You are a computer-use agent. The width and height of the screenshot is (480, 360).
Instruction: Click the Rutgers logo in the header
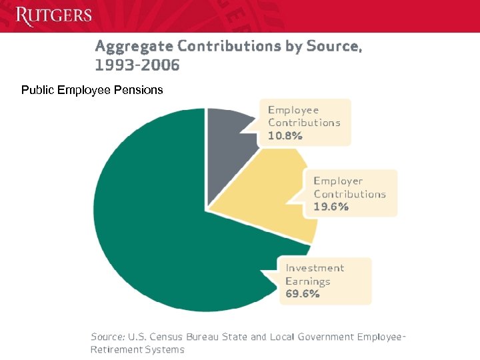point(54,15)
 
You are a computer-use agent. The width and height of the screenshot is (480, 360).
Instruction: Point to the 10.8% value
point(285,135)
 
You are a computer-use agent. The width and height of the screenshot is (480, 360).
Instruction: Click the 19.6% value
point(331,207)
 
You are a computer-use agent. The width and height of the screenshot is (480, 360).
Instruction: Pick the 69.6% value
point(303,293)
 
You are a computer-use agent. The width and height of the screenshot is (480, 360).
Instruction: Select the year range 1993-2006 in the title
point(137,65)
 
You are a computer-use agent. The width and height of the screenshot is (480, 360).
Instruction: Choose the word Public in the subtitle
point(37,89)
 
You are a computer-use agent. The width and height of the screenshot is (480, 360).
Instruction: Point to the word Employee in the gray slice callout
point(293,110)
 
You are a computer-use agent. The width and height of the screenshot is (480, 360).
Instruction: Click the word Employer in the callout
point(338,181)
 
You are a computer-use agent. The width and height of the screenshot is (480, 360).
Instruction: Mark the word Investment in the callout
point(315,268)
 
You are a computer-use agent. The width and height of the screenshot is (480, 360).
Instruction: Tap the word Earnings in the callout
point(308,281)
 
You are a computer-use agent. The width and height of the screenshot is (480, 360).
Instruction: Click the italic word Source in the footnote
point(107,337)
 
